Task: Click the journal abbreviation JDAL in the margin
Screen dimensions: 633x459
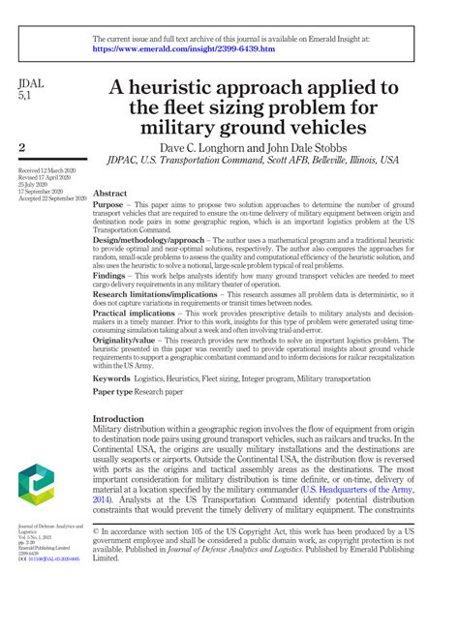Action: click(x=34, y=86)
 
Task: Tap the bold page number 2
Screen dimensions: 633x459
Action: click(x=22, y=146)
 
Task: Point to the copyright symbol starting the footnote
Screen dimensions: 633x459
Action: click(x=96, y=530)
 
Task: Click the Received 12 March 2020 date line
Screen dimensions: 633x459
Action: click(x=46, y=170)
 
